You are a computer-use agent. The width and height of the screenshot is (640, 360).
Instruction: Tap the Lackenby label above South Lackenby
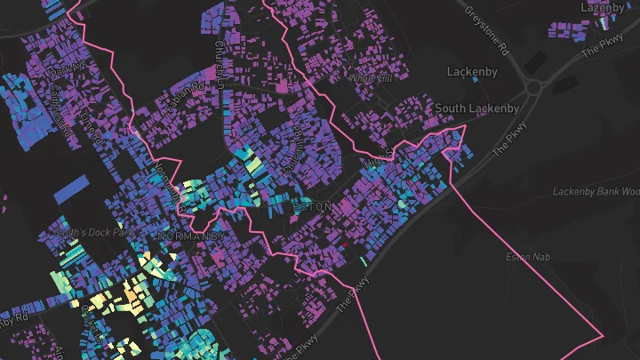pyautogui.click(x=472, y=71)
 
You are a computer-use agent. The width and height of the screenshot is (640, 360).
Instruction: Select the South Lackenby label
pyautogui.click(x=477, y=108)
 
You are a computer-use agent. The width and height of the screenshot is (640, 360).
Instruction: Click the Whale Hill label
pyautogui.click(x=371, y=78)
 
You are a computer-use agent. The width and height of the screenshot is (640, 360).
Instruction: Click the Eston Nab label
pyautogui.click(x=523, y=258)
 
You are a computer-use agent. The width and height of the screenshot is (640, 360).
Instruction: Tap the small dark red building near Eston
pyautogui.click(x=346, y=244)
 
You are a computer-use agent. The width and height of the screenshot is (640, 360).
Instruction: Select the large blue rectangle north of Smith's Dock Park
pyautogui.click(x=72, y=188)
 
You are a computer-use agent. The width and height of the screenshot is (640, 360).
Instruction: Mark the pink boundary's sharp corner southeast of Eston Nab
pyautogui.click(x=604, y=336)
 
